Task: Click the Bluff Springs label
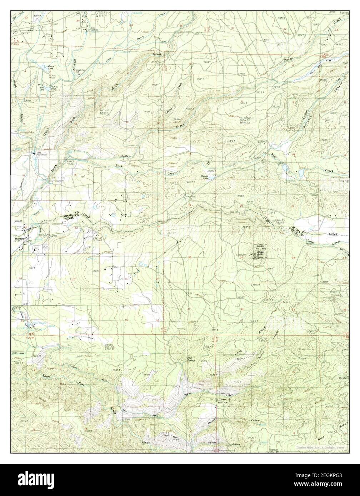[x=192, y=359]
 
